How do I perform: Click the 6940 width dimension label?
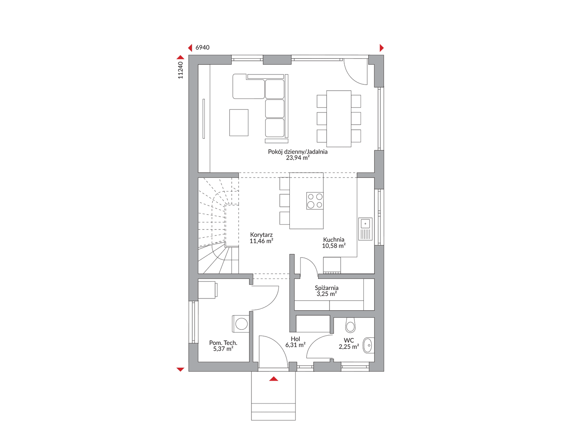(x=202, y=48)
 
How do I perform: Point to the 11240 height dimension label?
(x=180, y=70)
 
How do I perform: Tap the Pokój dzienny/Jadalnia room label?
(x=298, y=152)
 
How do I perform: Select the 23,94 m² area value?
(x=298, y=158)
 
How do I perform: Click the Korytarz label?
(x=261, y=235)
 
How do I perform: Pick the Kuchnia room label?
(x=334, y=240)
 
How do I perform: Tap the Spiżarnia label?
(x=327, y=288)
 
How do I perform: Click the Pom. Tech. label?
(x=223, y=343)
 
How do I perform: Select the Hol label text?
(x=295, y=339)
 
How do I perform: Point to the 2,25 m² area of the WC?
(x=349, y=347)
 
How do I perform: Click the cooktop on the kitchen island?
(x=315, y=201)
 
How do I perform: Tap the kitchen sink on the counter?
(x=365, y=229)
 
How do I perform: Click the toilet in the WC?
(x=350, y=325)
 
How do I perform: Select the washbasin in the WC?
(x=369, y=345)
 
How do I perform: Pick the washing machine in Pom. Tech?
(x=241, y=324)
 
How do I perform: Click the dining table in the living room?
(x=339, y=119)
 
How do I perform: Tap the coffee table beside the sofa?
(x=239, y=123)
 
